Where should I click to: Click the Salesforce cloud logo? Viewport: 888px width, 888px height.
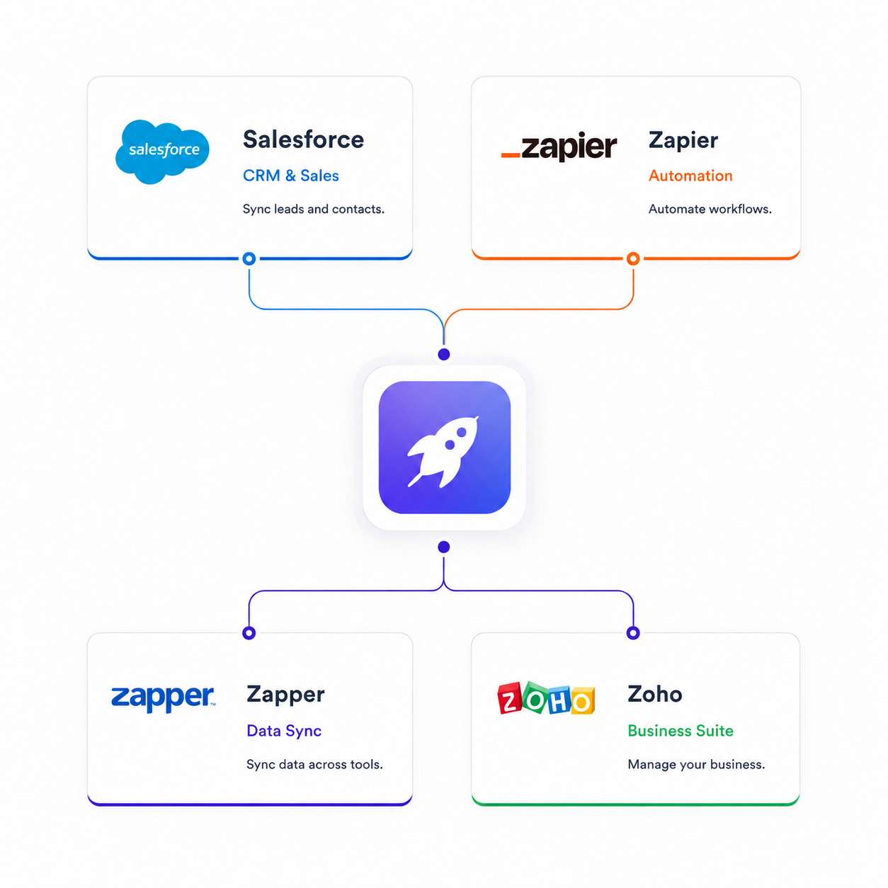click(162, 152)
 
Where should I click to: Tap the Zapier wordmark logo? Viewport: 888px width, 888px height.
click(559, 147)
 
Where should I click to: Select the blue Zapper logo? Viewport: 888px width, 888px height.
click(163, 698)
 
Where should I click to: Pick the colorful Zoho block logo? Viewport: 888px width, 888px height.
click(546, 698)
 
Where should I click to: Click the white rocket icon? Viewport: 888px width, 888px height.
click(443, 452)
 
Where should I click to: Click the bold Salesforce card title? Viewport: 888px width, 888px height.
click(303, 140)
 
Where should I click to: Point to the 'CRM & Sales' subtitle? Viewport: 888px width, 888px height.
click(291, 176)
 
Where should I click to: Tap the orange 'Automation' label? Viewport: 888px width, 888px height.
click(690, 176)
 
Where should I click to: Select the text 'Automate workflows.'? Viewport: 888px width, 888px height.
click(710, 209)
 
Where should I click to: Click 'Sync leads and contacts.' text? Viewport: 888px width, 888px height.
click(314, 209)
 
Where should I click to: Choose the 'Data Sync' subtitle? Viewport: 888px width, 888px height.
click(284, 731)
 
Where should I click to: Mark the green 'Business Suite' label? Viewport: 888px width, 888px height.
click(681, 731)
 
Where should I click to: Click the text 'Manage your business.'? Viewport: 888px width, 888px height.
click(696, 765)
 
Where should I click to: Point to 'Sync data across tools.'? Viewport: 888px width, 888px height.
click(314, 765)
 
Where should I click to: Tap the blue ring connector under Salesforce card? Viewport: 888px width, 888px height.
click(249, 258)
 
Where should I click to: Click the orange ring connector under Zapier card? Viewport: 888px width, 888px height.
click(633, 258)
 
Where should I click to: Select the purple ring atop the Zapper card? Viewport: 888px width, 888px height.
click(249, 633)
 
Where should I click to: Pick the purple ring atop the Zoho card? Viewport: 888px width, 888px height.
click(633, 633)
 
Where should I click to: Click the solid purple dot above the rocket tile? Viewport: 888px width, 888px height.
click(444, 354)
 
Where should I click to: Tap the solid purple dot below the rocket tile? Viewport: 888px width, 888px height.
click(444, 547)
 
